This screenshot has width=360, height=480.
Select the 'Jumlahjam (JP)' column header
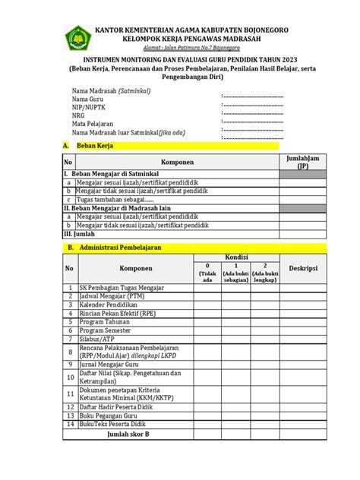(302, 162)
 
